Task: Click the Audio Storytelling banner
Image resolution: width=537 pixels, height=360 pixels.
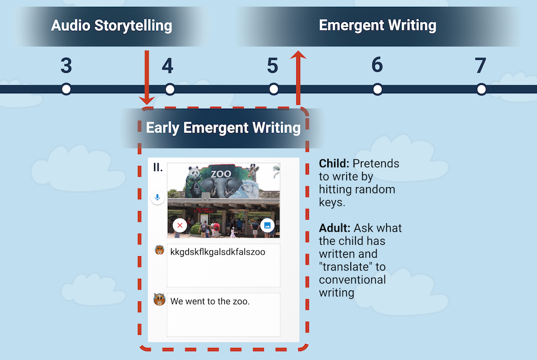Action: pos(112,26)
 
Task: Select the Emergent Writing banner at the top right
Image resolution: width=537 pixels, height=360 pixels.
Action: pos(378,26)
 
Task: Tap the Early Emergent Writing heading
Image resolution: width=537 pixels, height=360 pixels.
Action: pos(223,128)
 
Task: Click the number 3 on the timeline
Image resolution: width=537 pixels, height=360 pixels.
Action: pos(66,66)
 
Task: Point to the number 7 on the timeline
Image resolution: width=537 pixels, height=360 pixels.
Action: pos(480,66)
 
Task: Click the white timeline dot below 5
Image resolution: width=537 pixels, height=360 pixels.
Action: pos(273,89)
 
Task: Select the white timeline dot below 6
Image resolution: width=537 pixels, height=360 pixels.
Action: pos(378,89)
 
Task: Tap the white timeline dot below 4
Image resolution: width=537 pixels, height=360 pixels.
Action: pos(170,89)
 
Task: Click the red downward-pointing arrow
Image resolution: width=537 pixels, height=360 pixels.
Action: pos(147,78)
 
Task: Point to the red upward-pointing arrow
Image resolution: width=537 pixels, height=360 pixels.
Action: pos(298,78)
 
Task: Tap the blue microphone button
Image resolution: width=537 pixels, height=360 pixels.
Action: pos(157,198)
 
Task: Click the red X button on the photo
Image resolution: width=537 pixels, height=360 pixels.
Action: pos(180,225)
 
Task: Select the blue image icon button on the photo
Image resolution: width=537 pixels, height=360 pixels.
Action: pos(267,225)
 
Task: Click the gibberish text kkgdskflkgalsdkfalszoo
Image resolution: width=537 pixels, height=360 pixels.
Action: pos(218,252)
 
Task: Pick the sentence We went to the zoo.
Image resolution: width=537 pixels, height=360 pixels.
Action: pos(210,301)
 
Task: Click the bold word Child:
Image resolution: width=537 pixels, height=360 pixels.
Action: pos(334,163)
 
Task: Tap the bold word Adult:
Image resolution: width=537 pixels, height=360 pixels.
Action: pos(335,228)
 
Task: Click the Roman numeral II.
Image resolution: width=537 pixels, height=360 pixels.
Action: pos(157,167)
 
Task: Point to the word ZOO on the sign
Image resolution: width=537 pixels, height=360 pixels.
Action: pos(221,174)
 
